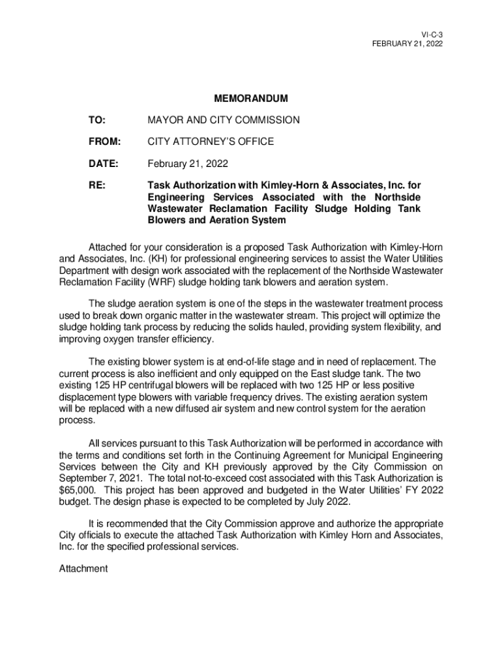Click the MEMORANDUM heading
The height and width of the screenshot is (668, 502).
point(250,99)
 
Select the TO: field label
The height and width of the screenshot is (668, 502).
point(98,120)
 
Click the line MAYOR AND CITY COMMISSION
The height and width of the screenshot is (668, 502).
point(224,120)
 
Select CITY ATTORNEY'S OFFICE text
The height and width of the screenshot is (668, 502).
point(211,142)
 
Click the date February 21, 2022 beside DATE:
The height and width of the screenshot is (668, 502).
point(188,163)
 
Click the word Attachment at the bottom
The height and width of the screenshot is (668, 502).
point(83,569)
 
